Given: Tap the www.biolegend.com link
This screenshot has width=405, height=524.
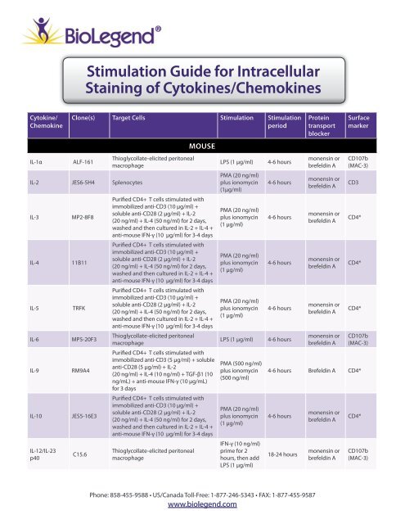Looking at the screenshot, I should [x=202, y=507].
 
